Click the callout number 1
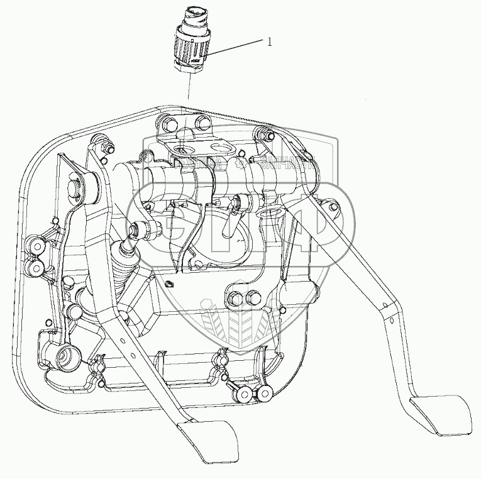coord(270,42)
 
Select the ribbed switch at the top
coord(189,44)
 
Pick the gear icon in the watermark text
coord(240,165)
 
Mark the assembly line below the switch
coord(187,88)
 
